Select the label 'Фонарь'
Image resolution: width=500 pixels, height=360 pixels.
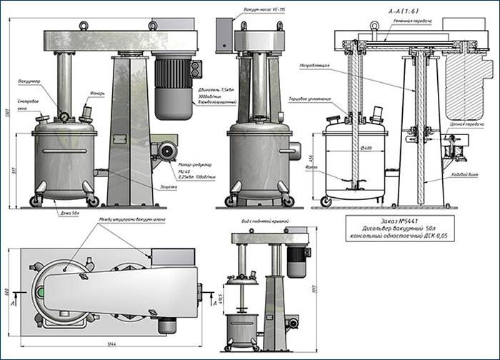pyautogui.click(x=98, y=94)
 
